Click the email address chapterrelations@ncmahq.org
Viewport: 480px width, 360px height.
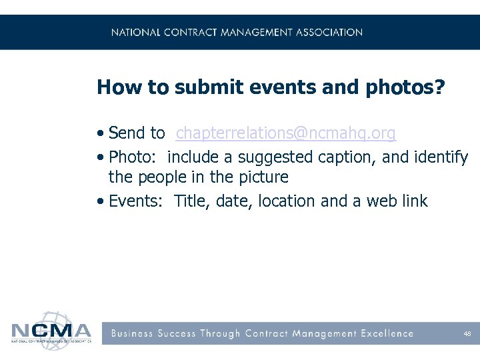(285, 133)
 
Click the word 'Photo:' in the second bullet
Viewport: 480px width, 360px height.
(134, 157)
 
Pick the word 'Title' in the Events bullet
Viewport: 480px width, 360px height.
(189, 201)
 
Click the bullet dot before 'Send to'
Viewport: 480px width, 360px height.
(100, 133)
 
